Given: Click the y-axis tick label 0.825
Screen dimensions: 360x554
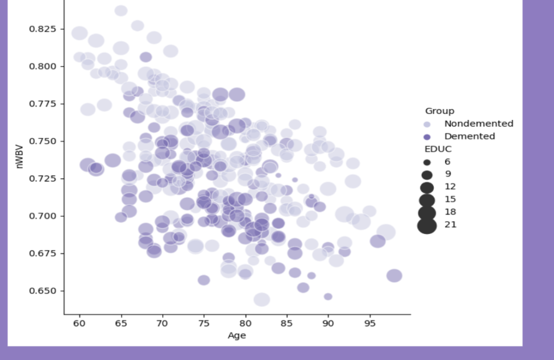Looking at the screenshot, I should point(42,29).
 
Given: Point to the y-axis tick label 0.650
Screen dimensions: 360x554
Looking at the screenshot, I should point(42,291).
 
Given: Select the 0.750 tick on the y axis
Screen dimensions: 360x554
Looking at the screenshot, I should point(42,141).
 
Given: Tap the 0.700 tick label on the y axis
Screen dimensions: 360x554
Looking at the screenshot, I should point(42,216).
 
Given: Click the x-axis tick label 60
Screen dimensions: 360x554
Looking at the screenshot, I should point(80,323).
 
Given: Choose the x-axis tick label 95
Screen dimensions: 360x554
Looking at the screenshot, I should point(370,323).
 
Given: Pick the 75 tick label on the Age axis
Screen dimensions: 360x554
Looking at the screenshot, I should point(204,323).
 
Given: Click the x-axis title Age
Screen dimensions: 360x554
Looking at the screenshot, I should point(237,336).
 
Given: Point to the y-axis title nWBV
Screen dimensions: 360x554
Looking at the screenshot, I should point(20,160).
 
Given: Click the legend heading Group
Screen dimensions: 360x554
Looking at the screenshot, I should point(439,111).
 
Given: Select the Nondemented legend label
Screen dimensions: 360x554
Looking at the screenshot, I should point(478,124).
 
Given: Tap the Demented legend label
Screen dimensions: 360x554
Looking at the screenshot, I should point(470,136).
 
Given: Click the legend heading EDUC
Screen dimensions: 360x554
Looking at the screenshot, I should point(438,149).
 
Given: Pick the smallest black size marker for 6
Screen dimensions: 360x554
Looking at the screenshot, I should point(427,162).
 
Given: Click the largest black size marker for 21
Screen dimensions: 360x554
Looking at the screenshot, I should point(427,224).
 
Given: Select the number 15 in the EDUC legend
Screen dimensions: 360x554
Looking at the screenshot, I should point(450,199).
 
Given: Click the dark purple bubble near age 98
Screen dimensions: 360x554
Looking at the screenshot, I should point(394,276).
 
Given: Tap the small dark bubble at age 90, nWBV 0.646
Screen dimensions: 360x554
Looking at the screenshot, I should point(328,297).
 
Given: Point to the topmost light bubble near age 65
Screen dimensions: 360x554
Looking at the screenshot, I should point(121,11).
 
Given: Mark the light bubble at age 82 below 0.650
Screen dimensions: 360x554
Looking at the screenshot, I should point(262,299).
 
